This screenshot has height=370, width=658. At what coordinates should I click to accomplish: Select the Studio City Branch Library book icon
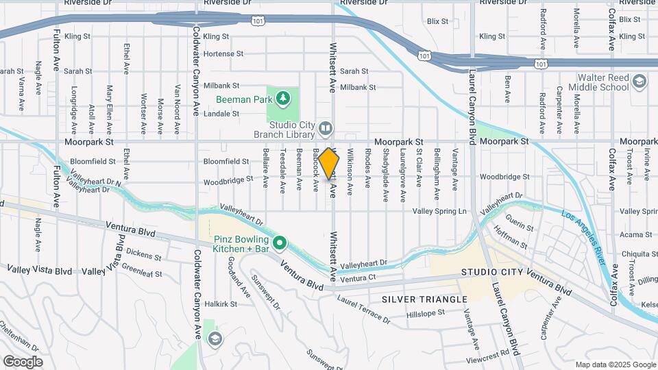tap(326, 127)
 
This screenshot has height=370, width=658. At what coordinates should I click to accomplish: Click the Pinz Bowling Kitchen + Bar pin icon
tap(280, 243)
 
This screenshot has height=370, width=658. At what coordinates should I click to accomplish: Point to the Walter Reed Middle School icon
tap(639, 82)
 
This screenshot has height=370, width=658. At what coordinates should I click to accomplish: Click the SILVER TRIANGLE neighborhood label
tap(424, 299)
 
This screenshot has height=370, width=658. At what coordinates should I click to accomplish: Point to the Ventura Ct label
tap(358, 278)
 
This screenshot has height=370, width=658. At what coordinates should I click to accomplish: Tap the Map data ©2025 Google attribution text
tap(614, 365)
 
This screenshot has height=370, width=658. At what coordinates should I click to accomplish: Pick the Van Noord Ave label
tap(178, 100)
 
